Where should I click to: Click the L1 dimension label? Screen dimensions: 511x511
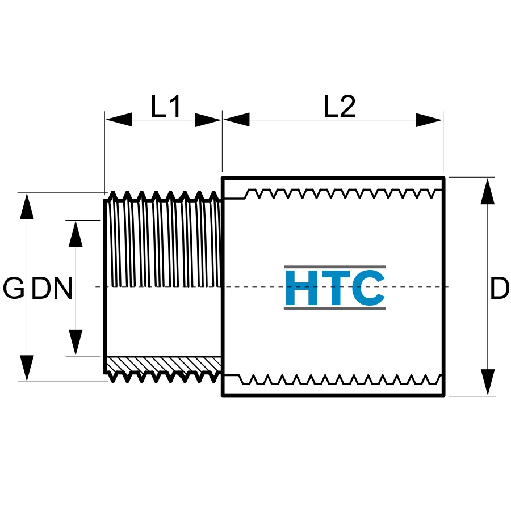[x=166, y=106]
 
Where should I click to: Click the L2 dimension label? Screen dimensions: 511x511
[x=340, y=106]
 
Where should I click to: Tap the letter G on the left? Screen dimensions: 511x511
[x=14, y=288]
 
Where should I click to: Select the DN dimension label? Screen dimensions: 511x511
[x=52, y=288]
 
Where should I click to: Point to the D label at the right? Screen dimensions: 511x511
[x=500, y=288]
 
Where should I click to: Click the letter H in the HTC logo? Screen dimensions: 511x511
[x=301, y=288]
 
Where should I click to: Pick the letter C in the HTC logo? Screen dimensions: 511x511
[x=368, y=288]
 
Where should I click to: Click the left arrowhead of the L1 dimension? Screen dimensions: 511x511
[x=119, y=120]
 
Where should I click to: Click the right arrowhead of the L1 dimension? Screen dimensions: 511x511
[x=208, y=120]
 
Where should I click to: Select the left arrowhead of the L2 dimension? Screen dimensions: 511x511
[x=237, y=120]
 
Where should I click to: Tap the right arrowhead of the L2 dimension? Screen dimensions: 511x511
[x=429, y=120]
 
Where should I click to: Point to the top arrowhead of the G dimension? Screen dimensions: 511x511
[x=27, y=206]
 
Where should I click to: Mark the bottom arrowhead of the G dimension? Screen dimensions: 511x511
[x=27, y=368]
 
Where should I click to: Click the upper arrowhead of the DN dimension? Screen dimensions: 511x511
[x=76, y=234]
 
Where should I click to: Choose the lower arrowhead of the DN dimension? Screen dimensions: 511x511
[x=76, y=342]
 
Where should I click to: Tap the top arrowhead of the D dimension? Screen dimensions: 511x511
[x=488, y=191]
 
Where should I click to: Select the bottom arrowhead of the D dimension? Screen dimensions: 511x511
[x=488, y=382]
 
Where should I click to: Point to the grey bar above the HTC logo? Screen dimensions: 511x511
[x=335, y=267]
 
